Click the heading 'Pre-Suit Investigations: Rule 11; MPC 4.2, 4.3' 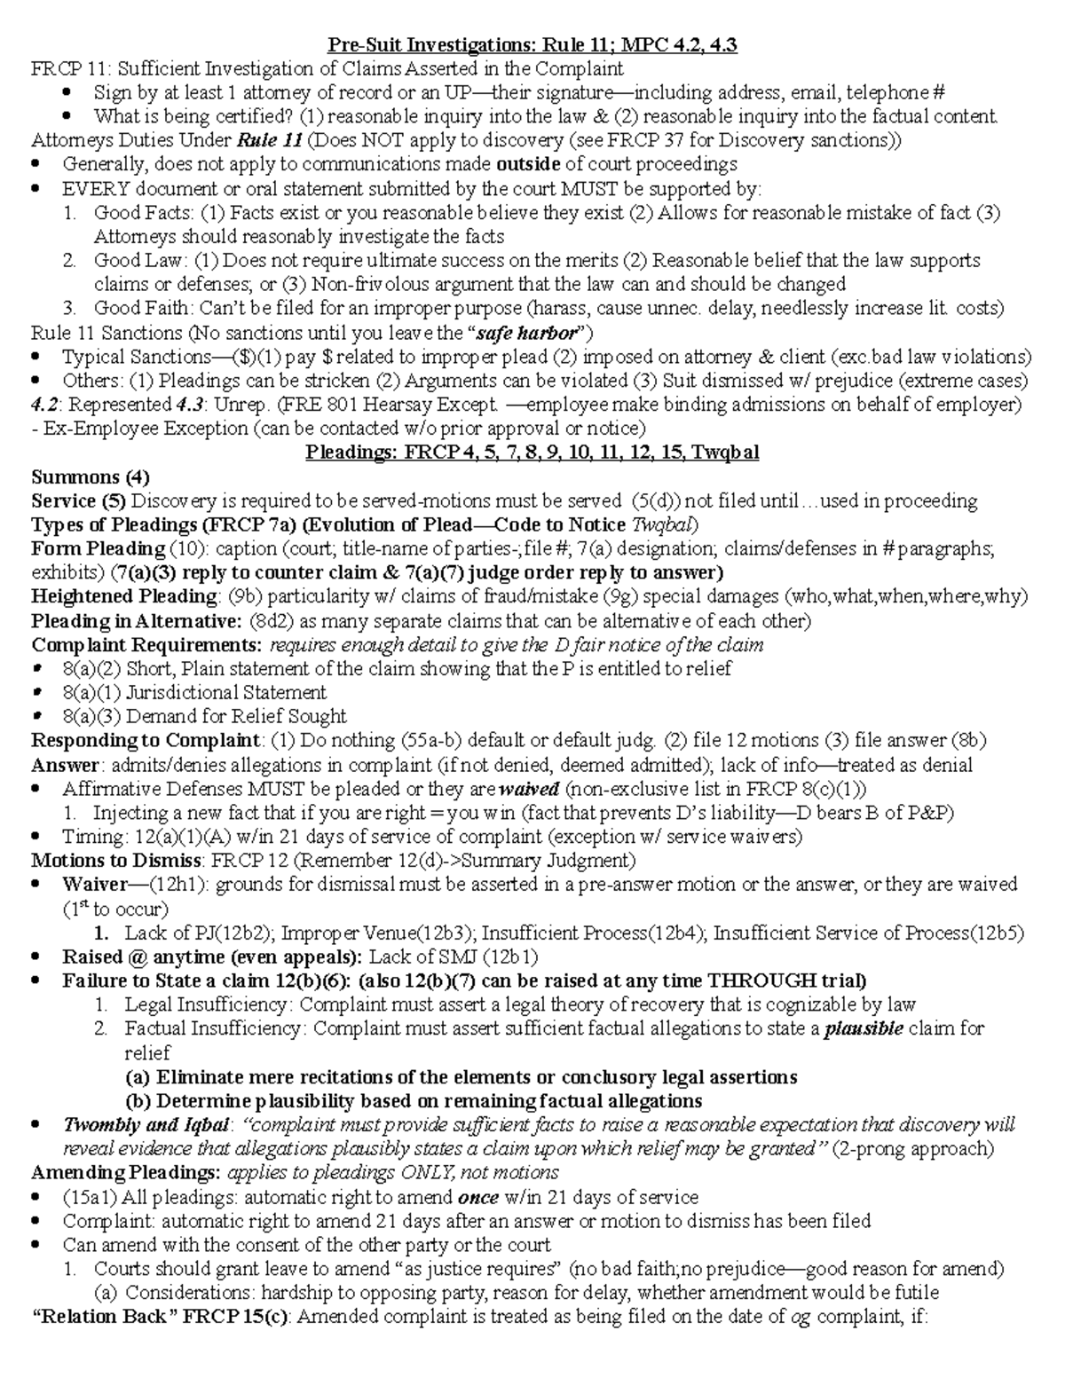[x=532, y=44]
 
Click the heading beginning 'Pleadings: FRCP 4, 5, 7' [x=532, y=453]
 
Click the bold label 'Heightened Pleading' [x=123, y=596]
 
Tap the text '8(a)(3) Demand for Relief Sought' [x=204, y=716]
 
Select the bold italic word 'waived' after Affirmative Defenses [x=528, y=789]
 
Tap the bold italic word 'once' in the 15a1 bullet [x=477, y=1197]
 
